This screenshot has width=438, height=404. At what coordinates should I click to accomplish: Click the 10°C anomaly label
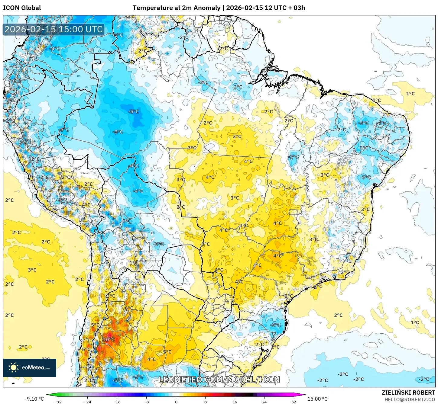click(109, 339)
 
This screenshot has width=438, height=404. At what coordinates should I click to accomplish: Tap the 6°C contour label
click(129, 308)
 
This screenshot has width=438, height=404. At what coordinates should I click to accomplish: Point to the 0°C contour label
click(127, 221)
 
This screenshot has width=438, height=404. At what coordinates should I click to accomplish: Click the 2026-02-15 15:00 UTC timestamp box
click(54, 29)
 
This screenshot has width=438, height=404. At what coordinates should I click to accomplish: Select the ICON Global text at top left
click(22, 8)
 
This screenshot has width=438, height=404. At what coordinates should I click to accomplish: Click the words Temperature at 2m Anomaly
click(176, 8)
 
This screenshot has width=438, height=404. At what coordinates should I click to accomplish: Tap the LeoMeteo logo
click(30, 367)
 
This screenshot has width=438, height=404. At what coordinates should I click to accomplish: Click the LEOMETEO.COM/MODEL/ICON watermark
click(219, 380)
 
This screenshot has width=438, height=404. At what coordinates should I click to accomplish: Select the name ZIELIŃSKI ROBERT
click(408, 393)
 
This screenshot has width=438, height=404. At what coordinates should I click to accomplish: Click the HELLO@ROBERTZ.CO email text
click(410, 399)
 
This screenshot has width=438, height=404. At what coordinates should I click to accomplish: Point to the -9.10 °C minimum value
click(34, 399)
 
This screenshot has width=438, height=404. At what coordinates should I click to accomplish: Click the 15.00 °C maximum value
click(317, 399)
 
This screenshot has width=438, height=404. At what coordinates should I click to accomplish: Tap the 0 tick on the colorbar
click(176, 402)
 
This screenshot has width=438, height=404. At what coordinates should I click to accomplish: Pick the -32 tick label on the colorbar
click(58, 402)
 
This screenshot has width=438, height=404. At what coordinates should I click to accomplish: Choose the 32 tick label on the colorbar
click(294, 402)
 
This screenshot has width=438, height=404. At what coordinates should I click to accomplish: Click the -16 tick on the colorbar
click(117, 402)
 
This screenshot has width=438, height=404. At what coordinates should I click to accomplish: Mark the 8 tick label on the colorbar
click(206, 402)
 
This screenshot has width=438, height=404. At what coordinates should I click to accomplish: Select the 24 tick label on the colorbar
click(264, 402)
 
